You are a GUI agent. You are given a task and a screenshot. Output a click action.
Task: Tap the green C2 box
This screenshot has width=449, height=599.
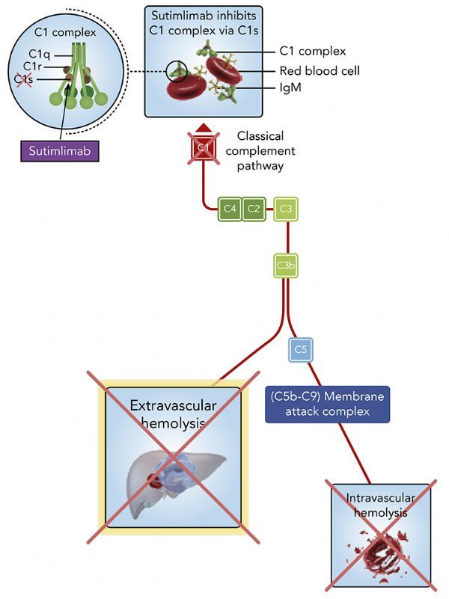[x=254, y=209]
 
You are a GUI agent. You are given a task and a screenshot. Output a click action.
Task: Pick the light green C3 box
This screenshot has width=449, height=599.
[x=285, y=209]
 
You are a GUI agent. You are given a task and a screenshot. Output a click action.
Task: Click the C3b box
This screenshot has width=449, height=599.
[x=285, y=265]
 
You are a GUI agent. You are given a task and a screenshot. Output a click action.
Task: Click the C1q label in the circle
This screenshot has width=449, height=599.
[x=39, y=53]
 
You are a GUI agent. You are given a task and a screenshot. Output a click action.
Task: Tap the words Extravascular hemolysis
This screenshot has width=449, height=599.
[x=173, y=414]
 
